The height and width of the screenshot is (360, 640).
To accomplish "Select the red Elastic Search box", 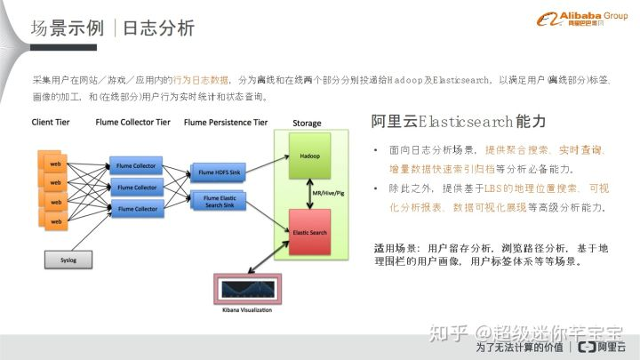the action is tap(309, 230).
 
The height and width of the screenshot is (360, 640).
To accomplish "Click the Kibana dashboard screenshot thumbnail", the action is tap(242, 291).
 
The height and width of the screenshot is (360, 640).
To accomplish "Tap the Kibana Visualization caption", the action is tap(242, 310).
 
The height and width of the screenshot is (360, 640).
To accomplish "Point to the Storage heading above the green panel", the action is tap(307, 123).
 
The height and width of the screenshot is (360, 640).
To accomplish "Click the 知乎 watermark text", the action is tap(448, 333).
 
